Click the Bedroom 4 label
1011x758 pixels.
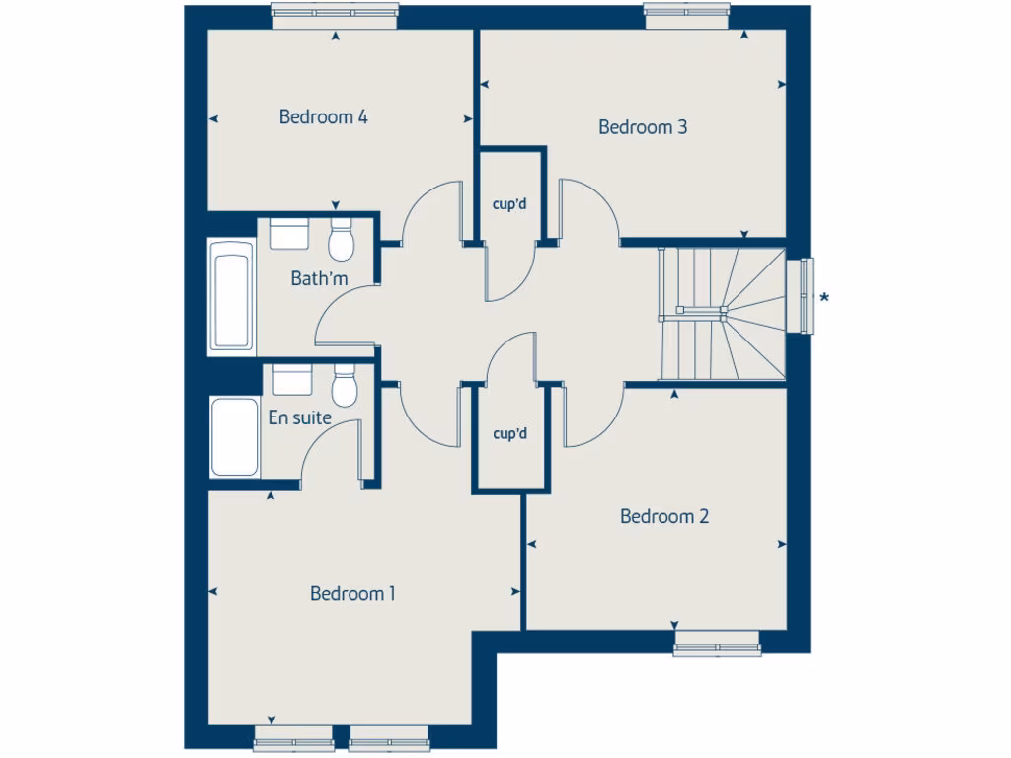tap(324, 117)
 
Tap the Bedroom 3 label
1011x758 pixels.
tap(643, 127)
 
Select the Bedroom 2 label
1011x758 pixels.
tap(664, 516)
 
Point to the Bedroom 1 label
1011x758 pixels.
tap(352, 593)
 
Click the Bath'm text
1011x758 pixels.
tap(319, 279)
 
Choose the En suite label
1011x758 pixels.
tap(299, 417)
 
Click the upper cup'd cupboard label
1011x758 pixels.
tap(510, 206)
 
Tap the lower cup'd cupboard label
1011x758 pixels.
tap(510, 433)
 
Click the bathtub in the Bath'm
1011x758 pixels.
tap(232, 297)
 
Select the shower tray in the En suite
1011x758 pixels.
tap(236, 436)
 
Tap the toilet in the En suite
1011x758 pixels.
tap(344, 386)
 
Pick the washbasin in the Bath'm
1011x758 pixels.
tap(289, 234)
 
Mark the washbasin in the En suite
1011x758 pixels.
tap(292, 380)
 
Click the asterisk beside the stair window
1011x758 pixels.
tap(825, 298)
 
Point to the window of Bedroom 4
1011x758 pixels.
tap(336, 12)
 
